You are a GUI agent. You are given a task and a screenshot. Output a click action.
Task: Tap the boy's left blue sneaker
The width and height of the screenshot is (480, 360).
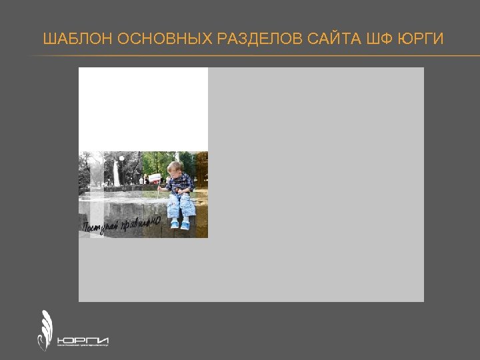[175, 225]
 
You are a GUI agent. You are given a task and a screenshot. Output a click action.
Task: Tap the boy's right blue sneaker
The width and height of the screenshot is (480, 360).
[185, 225]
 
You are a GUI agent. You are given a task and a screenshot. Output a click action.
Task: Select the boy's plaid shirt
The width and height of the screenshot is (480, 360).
[180, 183]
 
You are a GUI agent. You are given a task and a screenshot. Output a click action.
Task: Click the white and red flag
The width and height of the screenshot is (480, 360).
[155, 178]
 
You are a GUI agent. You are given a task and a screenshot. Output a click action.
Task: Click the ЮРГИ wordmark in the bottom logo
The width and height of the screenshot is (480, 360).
[83, 338]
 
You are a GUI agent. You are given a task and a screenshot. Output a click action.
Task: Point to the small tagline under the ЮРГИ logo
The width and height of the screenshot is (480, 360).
[83, 346]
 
